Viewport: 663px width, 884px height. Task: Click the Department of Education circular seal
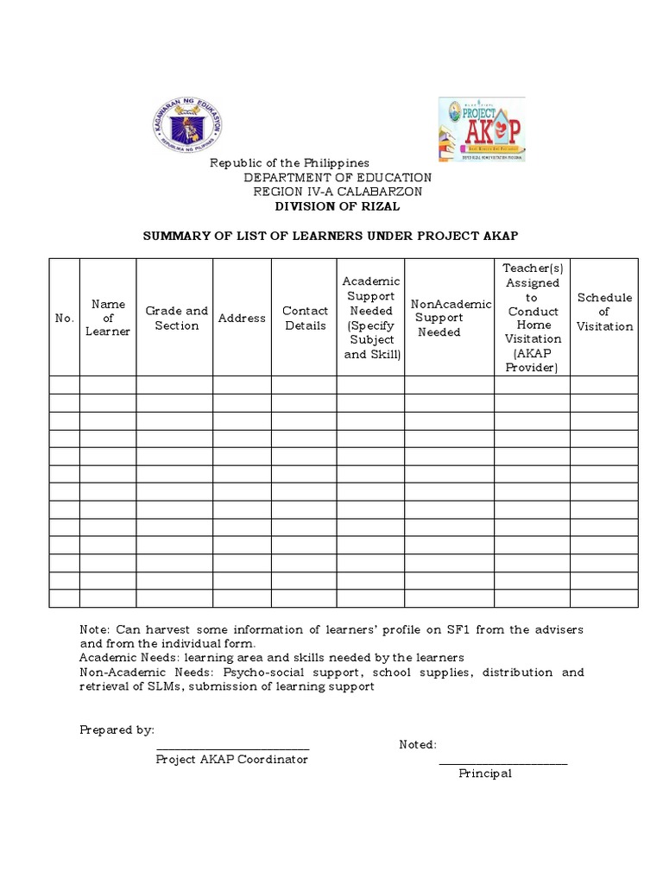188,124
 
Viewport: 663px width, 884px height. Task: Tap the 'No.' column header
65,318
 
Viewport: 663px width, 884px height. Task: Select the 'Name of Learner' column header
108,318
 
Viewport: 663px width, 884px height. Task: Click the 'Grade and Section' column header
176,318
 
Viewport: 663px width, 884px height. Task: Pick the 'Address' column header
242,318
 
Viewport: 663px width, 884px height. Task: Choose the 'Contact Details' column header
305,318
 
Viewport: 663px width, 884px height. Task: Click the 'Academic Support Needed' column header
371,318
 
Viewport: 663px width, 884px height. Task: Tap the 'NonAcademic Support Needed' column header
450,318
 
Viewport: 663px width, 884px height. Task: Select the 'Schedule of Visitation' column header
604,312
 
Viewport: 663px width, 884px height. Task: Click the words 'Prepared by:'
117,729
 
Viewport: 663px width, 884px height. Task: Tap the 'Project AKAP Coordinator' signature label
231,760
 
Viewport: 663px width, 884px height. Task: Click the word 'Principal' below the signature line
484,773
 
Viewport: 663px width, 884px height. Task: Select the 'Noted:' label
418,744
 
